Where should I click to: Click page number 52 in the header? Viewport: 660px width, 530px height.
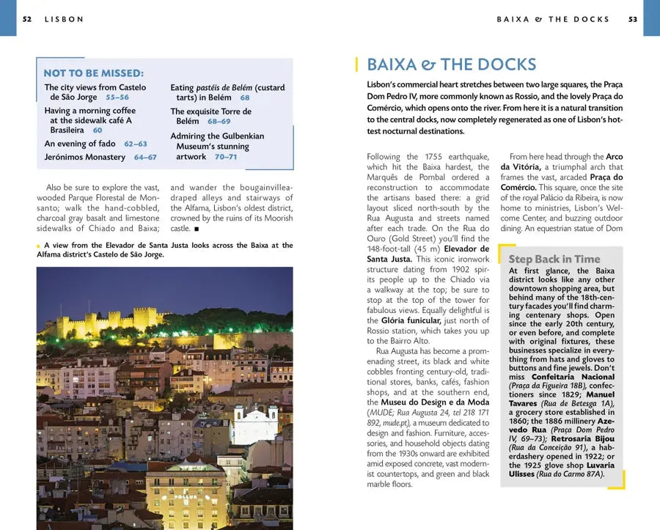27,19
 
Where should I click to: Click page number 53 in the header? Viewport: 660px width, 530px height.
633,19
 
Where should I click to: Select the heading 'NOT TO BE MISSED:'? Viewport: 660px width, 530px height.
93,73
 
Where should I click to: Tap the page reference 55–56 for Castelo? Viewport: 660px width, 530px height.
117,97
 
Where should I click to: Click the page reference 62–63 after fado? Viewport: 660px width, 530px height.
135,144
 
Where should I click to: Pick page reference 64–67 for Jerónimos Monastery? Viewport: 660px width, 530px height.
144,157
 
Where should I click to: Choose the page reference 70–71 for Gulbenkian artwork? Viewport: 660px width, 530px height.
225,156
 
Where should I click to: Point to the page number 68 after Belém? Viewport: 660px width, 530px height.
244,97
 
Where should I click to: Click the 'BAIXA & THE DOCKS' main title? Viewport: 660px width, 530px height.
451,65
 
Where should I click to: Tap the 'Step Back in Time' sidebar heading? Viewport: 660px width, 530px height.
554,259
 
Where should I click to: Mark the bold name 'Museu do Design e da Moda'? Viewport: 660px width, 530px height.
428,402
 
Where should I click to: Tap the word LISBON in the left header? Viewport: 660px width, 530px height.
64,19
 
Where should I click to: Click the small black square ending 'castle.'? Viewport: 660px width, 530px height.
197,229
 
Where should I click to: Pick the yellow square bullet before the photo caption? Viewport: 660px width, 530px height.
39,246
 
